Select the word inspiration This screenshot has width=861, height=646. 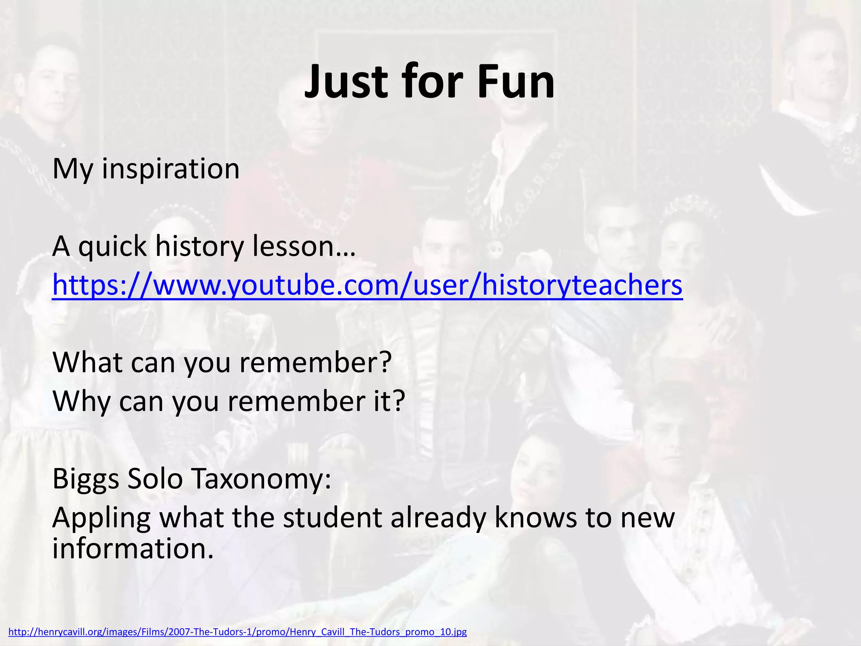point(171,169)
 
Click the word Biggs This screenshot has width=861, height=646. point(86,479)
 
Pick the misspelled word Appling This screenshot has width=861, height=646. point(101,518)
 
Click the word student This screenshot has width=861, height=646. point(332,518)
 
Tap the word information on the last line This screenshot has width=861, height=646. point(133,549)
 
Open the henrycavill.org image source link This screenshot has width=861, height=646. point(238,632)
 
